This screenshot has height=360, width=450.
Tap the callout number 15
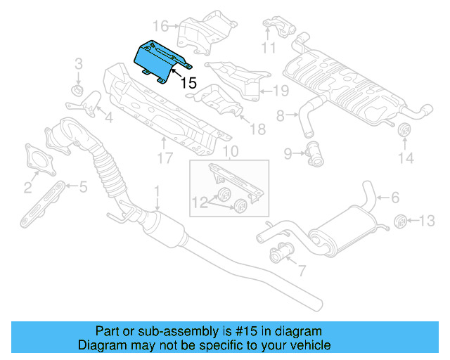pos(188,83)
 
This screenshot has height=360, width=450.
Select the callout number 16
pos(161,27)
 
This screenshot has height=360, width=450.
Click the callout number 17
pos(164,158)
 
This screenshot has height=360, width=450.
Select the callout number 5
pos(82,186)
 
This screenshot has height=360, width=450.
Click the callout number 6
pos(394,198)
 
